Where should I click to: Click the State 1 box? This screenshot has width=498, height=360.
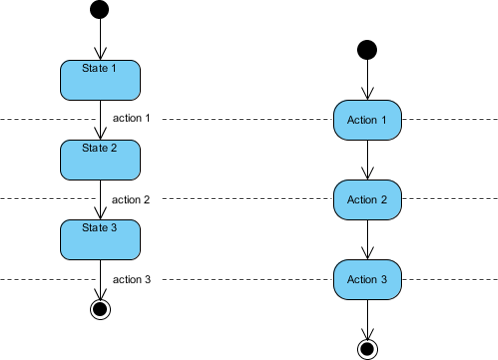(100, 80)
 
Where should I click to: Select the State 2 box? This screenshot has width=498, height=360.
(100, 159)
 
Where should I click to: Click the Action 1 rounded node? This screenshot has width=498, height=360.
(367, 120)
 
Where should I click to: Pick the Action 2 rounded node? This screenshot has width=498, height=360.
(367, 200)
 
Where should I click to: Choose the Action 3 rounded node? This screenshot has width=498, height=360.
(367, 279)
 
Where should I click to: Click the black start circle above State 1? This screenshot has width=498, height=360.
(100, 10)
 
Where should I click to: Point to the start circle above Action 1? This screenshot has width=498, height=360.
(367, 49)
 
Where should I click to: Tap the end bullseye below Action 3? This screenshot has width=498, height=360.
(367, 348)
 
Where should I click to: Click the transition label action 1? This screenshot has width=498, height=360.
(131, 118)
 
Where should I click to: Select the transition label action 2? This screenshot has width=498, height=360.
(131, 199)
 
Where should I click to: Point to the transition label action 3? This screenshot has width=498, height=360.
(131, 279)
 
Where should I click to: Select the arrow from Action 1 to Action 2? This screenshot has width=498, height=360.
(367, 160)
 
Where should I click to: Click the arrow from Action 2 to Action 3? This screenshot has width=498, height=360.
(367, 239)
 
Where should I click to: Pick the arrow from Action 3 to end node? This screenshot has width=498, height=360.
(367, 318)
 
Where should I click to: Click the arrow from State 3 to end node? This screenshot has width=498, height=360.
(100, 279)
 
